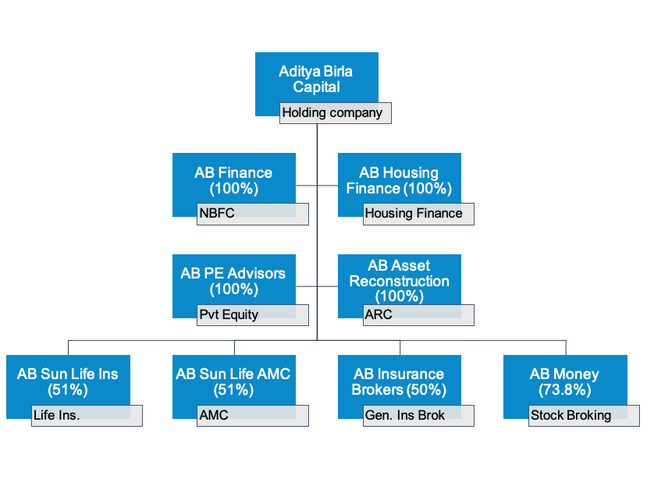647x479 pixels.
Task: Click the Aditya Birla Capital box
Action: click(x=317, y=78)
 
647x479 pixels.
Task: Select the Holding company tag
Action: click(x=336, y=113)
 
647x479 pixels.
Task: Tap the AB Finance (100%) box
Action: click(x=234, y=179)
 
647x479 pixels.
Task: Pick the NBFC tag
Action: click(x=253, y=214)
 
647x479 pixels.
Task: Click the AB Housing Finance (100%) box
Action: click(x=400, y=179)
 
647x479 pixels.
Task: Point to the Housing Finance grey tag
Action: click(x=418, y=214)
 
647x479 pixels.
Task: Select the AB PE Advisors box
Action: click(x=234, y=281)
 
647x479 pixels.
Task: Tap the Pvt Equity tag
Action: click(x=253, y=315)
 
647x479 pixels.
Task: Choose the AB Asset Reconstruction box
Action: click(x=400, y=281)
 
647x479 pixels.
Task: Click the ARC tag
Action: click(x=418, y=315)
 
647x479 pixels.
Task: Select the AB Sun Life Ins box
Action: click(x=68, y=381)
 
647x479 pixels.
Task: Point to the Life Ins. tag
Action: click(x=87, y=416)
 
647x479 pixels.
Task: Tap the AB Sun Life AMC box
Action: click(x=234, y=381)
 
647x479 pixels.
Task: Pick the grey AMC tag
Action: click(x=253, y=416)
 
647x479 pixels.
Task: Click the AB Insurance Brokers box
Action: click(x=400, y=381)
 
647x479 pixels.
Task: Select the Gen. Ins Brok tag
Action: click(x=418, y=416)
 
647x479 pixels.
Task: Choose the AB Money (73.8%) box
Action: click(x=565, y=381)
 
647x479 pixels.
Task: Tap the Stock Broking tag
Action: click(x=584, y=416)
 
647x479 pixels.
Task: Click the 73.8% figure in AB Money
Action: click(x=565, y=390)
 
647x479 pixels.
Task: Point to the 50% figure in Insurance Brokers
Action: click(x=426, y=390)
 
